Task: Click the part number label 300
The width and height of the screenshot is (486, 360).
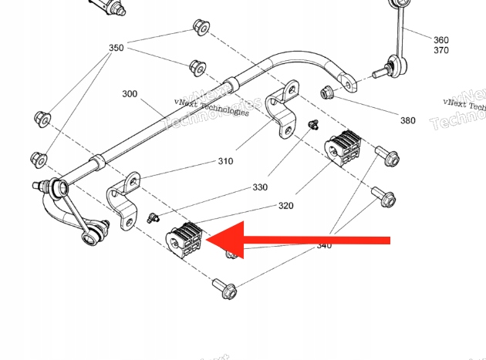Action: pos(130,94)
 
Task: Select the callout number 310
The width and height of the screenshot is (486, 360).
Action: pos(225,161)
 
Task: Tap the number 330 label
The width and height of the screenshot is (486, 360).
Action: pos(260,187)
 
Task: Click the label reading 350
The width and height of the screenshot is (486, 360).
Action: pos(116,48)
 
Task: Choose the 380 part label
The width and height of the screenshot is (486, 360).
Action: pos(407,120)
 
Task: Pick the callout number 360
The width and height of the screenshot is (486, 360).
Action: pos(440,39)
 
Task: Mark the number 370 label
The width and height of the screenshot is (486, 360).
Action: pos(440,50)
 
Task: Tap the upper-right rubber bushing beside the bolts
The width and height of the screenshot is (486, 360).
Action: pos(343,146)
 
